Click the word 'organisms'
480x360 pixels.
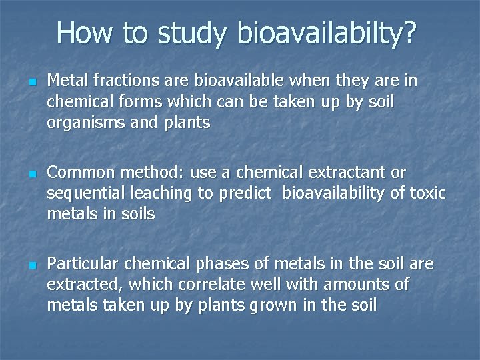(x=82, y=123)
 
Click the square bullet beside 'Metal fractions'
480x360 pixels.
(x=32, y=83)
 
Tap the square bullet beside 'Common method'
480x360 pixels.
(x=32, y=174)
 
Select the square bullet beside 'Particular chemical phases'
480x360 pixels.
(x=32, y=265)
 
